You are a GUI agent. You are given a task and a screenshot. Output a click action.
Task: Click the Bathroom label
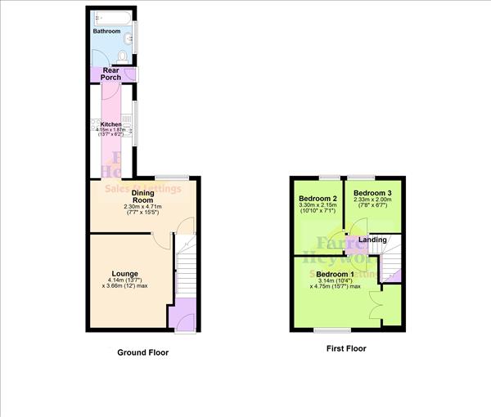106,31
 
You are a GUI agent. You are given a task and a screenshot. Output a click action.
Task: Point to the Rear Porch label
110,74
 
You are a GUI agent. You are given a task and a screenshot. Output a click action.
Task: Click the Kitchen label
110,124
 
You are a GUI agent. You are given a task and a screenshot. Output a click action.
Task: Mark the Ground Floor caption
143,352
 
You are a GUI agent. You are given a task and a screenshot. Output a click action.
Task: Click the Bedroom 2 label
318,200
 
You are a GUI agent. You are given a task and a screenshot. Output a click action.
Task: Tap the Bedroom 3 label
372,193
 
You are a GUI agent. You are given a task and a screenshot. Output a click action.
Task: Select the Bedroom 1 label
336,273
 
